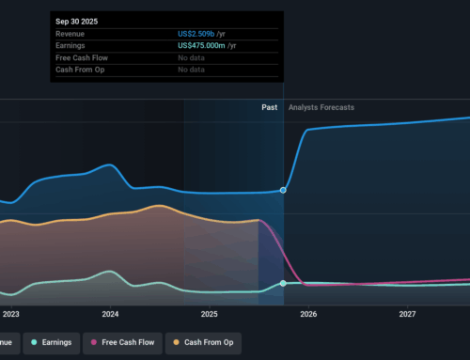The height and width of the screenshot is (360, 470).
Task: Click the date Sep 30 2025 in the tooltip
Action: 77,20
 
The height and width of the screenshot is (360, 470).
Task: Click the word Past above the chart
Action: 269,107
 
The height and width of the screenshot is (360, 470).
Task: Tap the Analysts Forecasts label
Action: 321,107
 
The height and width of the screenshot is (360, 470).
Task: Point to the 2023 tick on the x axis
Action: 10,314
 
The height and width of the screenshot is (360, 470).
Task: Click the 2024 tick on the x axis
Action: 110,314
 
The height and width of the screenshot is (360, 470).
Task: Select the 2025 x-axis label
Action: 209,314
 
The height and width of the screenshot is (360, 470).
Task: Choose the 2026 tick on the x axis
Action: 308,314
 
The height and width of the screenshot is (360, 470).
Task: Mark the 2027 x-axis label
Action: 407,314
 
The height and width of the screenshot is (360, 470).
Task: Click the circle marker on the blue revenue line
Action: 283,190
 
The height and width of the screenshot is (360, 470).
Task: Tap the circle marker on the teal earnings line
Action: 283,283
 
